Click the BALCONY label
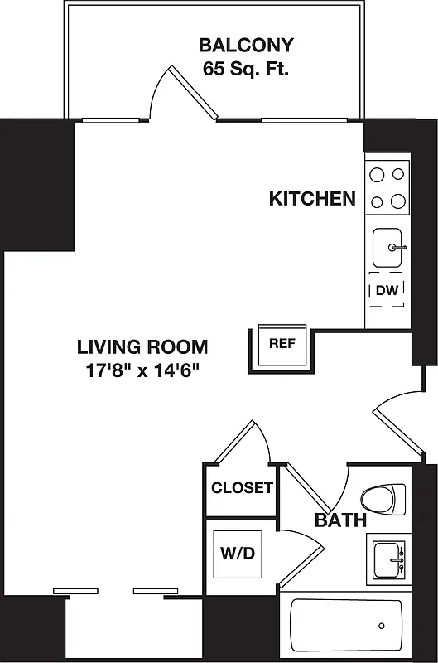(245, 45)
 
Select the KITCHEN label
(312, 199)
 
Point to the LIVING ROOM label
(142, 346)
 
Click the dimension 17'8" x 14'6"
(142, 370)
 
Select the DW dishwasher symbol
(387, 290)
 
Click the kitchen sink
(387, 246)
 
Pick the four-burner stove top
(387, 187)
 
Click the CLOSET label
(241, 488)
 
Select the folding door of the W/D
(301, 552)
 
